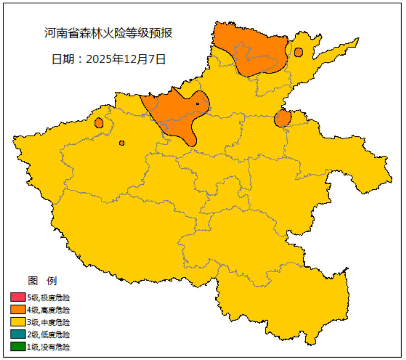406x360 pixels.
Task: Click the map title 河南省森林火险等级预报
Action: [108, 34]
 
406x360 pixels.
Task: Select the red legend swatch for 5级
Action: [17, 297]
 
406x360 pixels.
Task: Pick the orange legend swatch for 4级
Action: [17, 310]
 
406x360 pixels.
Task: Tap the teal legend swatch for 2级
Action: [17, 334]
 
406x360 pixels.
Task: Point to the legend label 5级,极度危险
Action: [48, 298]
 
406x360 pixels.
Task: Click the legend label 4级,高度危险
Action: [48, 310]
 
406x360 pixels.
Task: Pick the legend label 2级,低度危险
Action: [48, 335]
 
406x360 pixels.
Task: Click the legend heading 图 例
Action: [42, 280]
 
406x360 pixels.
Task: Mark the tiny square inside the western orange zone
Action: [198, 104]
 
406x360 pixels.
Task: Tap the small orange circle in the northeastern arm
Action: [299, 52]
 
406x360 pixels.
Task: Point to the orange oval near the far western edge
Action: [99, 122]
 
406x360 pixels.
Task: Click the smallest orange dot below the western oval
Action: [122, 143]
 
